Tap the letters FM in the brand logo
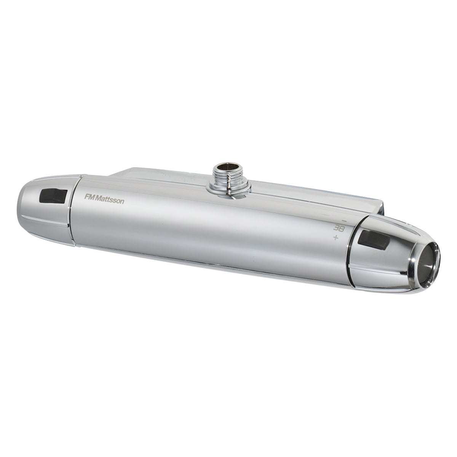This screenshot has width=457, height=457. coord(89,197)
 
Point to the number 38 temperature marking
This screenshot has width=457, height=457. coord(337,228)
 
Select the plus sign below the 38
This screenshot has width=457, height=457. coord(335,238)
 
